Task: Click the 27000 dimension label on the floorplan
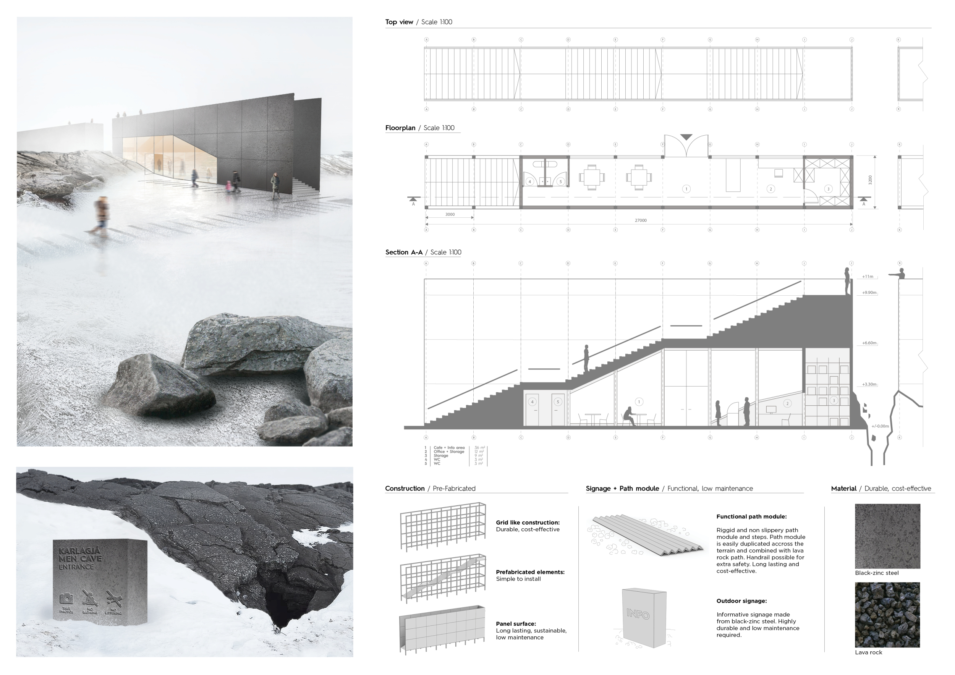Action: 641,220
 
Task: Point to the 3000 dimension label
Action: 450,215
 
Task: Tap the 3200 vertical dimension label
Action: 870,180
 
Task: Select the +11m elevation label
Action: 868,277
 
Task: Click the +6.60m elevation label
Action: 869,343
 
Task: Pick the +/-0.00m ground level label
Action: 880,426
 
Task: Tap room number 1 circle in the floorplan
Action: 686,189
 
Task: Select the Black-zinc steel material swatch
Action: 888,536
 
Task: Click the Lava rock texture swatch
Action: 887,615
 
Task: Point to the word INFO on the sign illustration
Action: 638,614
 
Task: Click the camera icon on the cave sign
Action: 66,599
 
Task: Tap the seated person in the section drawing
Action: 628,417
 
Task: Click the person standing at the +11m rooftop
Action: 847,281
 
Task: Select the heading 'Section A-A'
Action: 404,253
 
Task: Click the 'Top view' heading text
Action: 399,22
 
